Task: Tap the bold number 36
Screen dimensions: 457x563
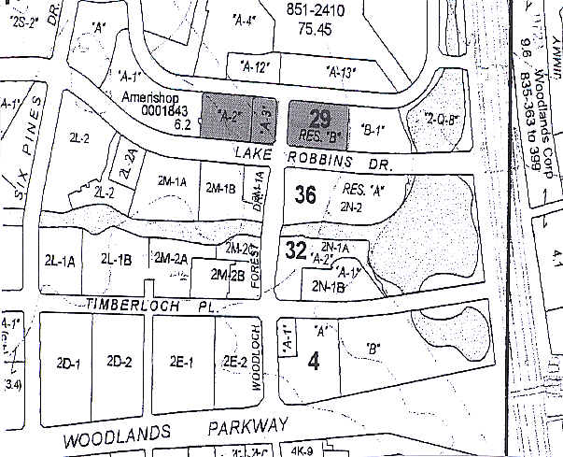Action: tap(304, 195)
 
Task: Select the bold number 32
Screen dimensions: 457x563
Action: tap(297, 250)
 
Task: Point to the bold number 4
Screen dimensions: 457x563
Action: tap(314, 360)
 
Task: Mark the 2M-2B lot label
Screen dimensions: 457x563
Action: tap(227, 276)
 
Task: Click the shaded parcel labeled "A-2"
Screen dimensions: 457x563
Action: tap(229, 116)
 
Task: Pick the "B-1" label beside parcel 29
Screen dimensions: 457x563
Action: tap(373, 130)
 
